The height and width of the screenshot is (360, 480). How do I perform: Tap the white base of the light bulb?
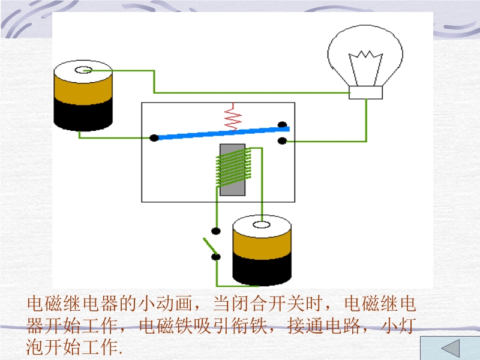tap(366, 92)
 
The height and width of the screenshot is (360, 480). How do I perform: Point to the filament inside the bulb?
tap(365, 60)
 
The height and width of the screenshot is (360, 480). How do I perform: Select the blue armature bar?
tap(222, 133)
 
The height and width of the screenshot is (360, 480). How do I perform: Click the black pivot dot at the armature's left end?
tap(154, 138)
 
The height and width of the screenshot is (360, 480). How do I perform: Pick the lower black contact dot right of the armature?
tap(282, 141)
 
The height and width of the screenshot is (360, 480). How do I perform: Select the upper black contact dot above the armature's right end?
tap(282, 125)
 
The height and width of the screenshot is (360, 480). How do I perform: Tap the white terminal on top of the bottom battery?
tap(262, 225)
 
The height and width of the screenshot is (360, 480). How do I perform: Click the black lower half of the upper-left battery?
tap(83, 114)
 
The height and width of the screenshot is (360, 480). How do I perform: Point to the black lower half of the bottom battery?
tap(262, 267)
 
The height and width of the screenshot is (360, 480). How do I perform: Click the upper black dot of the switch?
tap(216, 230)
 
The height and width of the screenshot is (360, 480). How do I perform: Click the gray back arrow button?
tap(449, 349)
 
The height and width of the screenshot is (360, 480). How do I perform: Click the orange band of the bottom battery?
tap(262, 240)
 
